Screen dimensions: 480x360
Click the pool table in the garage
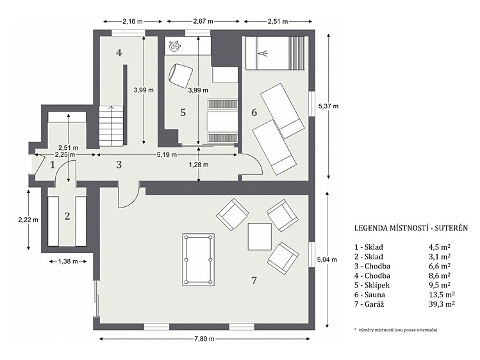coord(198,260)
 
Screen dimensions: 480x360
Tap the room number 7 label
coord(254,280)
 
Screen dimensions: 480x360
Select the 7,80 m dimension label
coord(204,339)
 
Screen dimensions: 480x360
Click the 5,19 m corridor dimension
coord(167,155)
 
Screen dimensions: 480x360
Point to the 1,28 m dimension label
coord(199,165)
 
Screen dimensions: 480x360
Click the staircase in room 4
coord(111,126)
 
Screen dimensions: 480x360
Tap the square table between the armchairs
coord(260,237)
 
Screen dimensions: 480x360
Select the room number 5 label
coord(183,113)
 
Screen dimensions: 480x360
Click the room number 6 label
coord(254,113)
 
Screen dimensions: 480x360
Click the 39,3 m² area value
coord(442,304)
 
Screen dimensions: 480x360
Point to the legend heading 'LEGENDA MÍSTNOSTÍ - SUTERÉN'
coord(411,228)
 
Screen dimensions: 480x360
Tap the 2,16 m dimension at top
coord(133,21)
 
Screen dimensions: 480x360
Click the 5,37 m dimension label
coord(329,106)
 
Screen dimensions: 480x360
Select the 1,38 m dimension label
coord(68,261)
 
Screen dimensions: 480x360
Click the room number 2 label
coord(67,217)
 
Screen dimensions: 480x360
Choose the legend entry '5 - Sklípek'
coord(372,285)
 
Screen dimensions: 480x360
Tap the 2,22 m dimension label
coord(28,220)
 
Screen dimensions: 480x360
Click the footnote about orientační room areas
coord(396,330)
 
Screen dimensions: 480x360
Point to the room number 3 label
coord(119,165)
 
